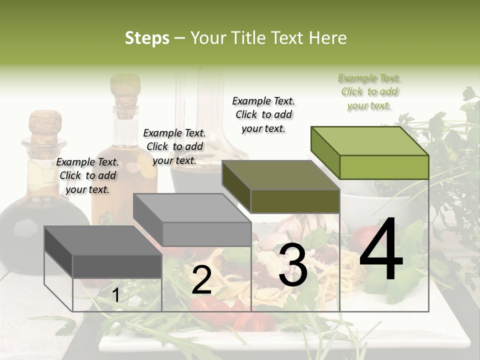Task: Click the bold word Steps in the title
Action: (147, 38)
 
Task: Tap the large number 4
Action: (381, 250)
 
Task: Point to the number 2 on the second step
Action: (201, 280)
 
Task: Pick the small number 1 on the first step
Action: (115, 295)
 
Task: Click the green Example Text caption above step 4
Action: (369, 91)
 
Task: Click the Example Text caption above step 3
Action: (263, 114)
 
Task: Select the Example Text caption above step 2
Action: (174, 146)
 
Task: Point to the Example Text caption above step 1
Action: (87, 175)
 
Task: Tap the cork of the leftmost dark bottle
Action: (45, 125)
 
